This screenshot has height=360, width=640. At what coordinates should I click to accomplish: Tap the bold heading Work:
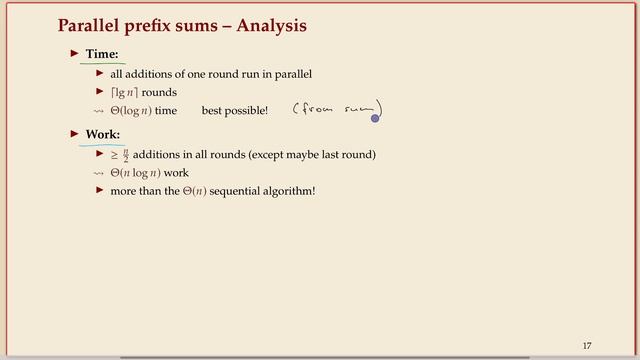tap(104, 133)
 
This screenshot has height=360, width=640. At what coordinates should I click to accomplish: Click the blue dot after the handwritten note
tap(376, 118)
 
